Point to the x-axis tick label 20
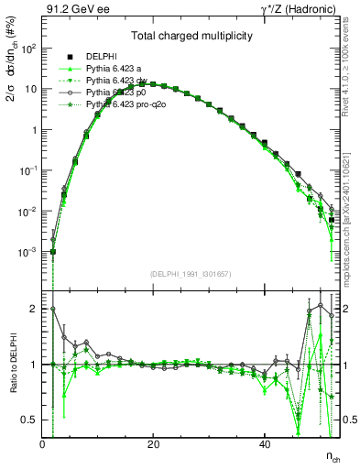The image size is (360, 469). tap(153, 444)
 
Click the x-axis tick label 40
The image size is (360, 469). tap(264, 444)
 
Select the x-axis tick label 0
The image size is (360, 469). tap(43, 444)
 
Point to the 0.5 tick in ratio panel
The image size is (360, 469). tap(30, 420)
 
